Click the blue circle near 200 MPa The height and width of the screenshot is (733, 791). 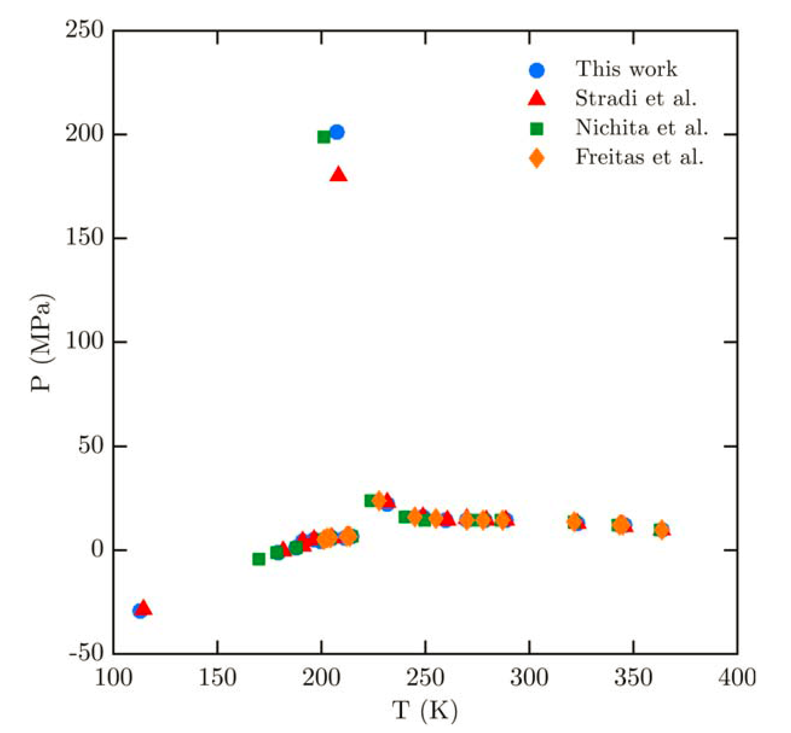coord(337,132)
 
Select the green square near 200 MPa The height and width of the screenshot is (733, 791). coord(324,137)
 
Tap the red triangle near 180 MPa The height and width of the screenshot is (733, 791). coord(338,175)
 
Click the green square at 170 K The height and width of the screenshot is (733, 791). coord(259,559)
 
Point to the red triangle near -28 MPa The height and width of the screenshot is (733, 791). coord(143,608)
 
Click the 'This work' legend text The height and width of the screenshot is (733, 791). coord(626,69)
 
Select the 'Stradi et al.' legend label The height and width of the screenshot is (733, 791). coord(635,98)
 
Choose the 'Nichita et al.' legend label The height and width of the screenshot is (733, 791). coord(642,128)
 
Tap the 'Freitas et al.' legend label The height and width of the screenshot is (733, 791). coord(639,157)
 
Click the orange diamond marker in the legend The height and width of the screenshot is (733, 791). coord(537,157)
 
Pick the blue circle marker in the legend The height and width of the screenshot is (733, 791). coord(537,70)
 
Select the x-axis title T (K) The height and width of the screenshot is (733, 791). coord(425,710)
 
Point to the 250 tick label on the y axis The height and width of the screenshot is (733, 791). coord(84,31)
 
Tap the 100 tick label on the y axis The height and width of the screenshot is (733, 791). coord(84,342)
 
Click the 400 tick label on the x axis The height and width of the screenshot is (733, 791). coord(737,677)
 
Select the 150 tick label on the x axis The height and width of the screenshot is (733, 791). coord(218,677)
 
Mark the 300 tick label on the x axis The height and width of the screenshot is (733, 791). coord(529,677)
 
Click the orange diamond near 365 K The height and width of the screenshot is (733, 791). coord(662,530)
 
